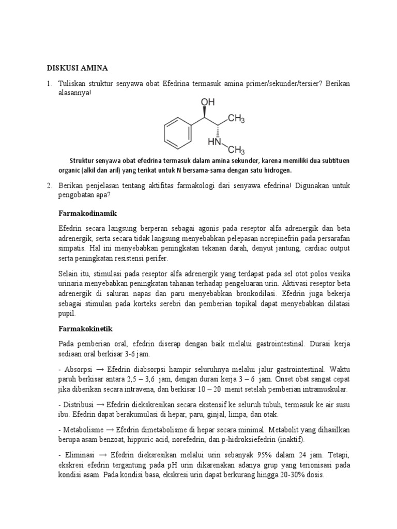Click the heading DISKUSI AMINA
tap(78, 68)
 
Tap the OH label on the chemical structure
tap(207, 102)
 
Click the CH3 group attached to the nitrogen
tap(236, 150)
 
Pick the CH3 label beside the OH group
tap(236, 119)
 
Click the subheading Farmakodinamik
tap(85, 212)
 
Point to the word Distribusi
tap(79, 404)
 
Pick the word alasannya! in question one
tap(75, 94)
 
